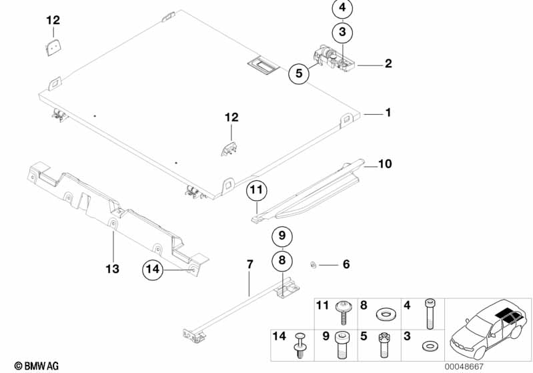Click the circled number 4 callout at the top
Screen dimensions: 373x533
[x=342, y=9]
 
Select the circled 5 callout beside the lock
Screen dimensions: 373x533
[x=300, y=73]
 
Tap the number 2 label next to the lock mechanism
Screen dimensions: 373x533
[x=388, y=65]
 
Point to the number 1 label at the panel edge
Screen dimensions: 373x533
[x=388, y=113]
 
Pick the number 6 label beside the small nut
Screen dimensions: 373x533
[x=346, y=265]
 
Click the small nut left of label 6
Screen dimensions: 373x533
[x=312, y=265]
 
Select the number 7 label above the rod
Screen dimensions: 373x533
[x=250, y=265]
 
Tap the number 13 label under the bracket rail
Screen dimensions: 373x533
[x=112, y=268]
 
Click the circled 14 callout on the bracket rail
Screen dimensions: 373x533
[x=153, y=270]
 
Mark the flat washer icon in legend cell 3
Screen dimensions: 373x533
[x=427, y=347]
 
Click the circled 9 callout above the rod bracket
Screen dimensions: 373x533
[x=282, y=236]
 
